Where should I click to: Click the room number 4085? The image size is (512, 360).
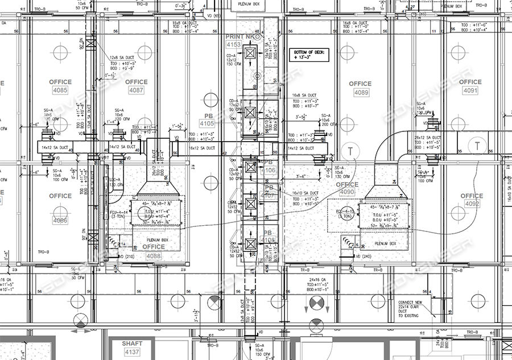point(60,90)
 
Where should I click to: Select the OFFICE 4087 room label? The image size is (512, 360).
point(136,90)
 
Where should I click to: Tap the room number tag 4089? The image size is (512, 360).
point(361,92)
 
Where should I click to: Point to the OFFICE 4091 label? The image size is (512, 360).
point(470,86)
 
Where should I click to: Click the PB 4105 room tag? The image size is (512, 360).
point(207,123)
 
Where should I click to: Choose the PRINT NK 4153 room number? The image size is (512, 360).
point(234,44)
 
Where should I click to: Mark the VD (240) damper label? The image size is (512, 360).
point(362,256)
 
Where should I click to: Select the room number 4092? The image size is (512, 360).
point(472,204)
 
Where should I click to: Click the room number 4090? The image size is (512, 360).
point(346,192)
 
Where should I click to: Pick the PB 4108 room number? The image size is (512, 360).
point(269,240)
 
